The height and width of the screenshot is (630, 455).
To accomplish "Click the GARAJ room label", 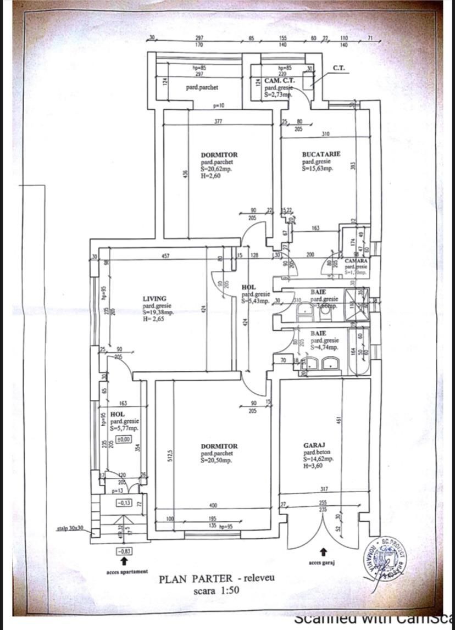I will [315, 445].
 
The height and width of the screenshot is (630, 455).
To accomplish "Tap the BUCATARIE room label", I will [321, 154].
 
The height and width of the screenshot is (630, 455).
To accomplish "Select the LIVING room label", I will [154, 299].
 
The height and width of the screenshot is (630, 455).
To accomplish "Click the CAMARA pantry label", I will [356, 260].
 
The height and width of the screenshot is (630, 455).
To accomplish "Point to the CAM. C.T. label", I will [280, 80].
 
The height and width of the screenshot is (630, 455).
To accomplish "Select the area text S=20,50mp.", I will [219, 460].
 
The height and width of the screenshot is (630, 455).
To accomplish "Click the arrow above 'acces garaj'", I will [324, 551].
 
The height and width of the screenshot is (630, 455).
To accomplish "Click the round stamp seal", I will [384, 562].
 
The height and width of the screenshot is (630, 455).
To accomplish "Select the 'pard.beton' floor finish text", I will [317, 453].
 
